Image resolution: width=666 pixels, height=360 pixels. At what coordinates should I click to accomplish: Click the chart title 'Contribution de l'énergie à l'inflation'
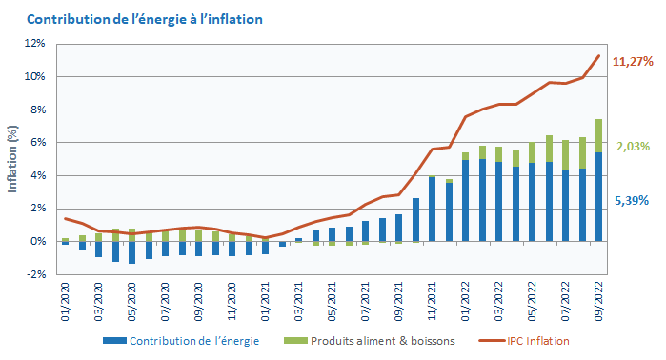pos(145,19)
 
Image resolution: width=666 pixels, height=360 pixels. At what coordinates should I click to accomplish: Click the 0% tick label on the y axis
pos(37,242)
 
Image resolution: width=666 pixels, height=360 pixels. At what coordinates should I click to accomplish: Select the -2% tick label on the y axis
pos(35,275)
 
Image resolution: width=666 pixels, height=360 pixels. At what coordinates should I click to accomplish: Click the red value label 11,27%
pos(633,62)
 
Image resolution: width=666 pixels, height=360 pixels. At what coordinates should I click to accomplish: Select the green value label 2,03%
pos(633,147)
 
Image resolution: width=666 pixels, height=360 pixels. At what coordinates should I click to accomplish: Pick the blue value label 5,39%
pos(633,201)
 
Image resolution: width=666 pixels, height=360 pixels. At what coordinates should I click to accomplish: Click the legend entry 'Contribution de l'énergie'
pos(187,341)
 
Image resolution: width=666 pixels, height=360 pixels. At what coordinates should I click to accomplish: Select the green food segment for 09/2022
pos(598,135)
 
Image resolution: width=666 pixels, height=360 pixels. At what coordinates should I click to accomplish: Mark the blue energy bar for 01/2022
pos(466,201)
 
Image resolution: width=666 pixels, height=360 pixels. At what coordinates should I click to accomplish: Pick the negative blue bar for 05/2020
pos(132,252)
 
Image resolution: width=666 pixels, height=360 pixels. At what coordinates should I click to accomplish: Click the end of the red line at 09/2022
pos(598,55)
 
